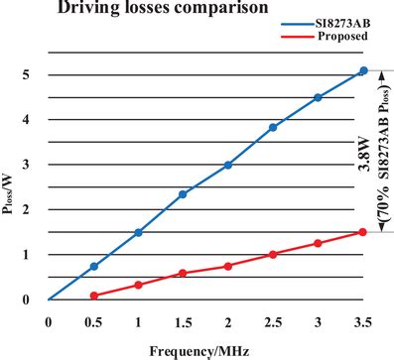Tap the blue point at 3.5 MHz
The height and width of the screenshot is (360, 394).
363,71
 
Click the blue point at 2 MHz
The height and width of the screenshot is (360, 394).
228,165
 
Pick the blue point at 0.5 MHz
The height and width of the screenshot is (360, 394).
93,266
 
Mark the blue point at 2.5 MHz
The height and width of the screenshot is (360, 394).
273,127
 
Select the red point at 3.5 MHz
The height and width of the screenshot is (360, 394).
363,232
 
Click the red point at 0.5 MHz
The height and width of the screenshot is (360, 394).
93,296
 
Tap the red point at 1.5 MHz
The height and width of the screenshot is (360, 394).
183,273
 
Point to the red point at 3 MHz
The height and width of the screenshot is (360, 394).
318,243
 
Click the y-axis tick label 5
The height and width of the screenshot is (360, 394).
25,74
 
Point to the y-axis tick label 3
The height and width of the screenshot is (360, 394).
25,165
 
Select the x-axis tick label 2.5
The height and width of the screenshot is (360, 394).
273,322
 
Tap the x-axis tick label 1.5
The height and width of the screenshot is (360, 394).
183,322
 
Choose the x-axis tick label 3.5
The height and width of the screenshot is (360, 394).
363,322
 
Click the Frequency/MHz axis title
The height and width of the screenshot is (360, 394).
197,350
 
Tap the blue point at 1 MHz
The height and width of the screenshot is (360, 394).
138,232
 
